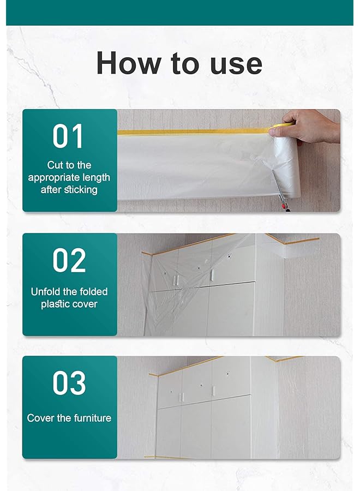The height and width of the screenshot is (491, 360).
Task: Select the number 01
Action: click(68, 136)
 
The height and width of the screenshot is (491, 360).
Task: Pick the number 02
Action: click(69, 260)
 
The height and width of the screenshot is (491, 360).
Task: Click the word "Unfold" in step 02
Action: click(46, 291)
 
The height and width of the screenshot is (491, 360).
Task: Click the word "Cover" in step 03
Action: click(41, 418)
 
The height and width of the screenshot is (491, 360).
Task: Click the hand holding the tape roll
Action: click(308, 124)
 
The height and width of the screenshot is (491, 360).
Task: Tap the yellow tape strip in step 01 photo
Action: click(191, 132)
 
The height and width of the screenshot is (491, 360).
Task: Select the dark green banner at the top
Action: click(180, 13)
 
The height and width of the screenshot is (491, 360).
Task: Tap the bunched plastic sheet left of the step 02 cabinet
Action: click(148, 295)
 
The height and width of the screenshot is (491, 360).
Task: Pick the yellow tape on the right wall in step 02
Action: click(300, 240)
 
